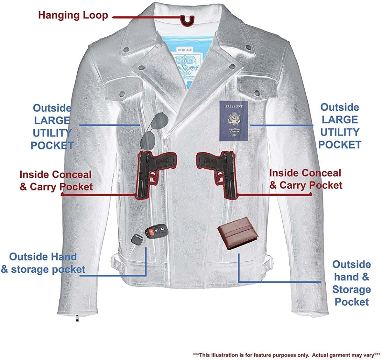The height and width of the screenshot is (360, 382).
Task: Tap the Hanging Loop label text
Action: point(73,15)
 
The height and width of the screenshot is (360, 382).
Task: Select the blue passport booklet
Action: point(233,121)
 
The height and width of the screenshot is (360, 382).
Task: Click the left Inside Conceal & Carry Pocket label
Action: point(56,181)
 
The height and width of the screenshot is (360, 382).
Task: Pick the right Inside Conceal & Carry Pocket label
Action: point(306,179)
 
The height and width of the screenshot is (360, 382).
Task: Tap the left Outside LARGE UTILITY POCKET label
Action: point(52,127)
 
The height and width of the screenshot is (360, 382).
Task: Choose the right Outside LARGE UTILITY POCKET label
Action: point(340,126)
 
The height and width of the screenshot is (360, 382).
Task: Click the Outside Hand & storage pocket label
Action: point(43,263)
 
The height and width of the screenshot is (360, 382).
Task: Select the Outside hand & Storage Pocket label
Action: point(351,283)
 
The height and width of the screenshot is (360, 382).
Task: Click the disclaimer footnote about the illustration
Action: point(286,355)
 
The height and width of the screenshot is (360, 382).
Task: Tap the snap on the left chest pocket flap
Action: point(121,94)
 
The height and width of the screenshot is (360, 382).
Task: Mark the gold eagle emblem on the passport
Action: point(233,118)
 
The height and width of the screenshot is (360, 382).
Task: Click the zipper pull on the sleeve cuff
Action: point(76,318)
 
